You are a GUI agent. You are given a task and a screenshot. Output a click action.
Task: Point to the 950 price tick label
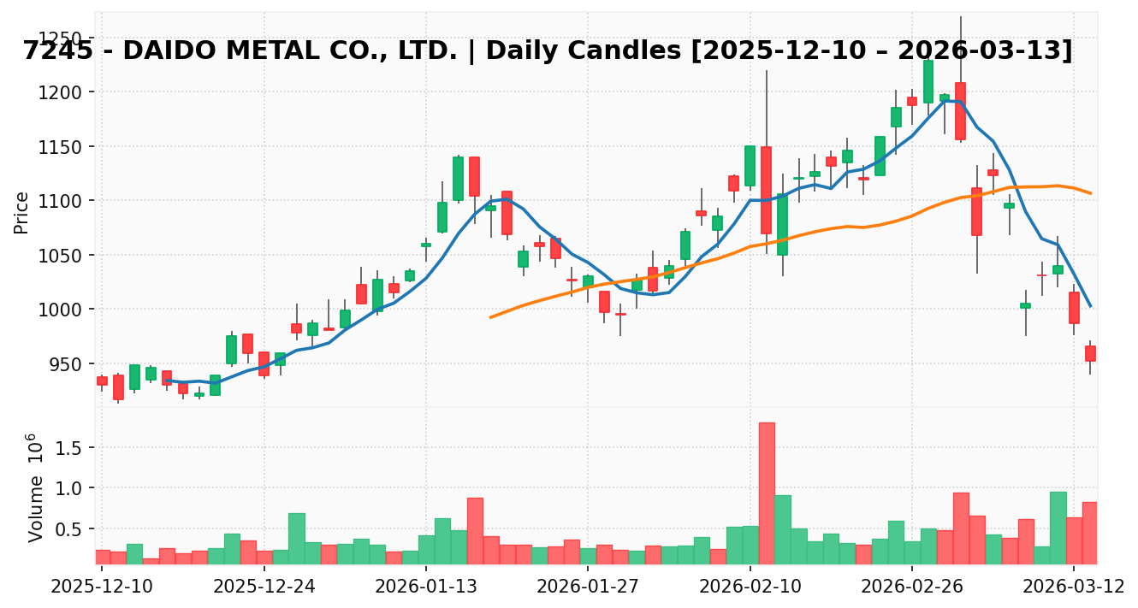coord(68,364)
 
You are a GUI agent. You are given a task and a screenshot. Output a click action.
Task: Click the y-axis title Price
coord(21,212)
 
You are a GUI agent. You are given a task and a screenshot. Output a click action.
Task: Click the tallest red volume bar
coord(767,493)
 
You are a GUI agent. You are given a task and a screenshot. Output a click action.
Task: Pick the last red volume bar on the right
coord(1089,532)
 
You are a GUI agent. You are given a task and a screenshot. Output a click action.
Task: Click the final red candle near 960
coord(1090,353)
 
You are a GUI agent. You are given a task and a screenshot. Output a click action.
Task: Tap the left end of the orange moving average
coord(490,317)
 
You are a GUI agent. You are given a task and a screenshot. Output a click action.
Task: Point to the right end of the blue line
coord(1090,306)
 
